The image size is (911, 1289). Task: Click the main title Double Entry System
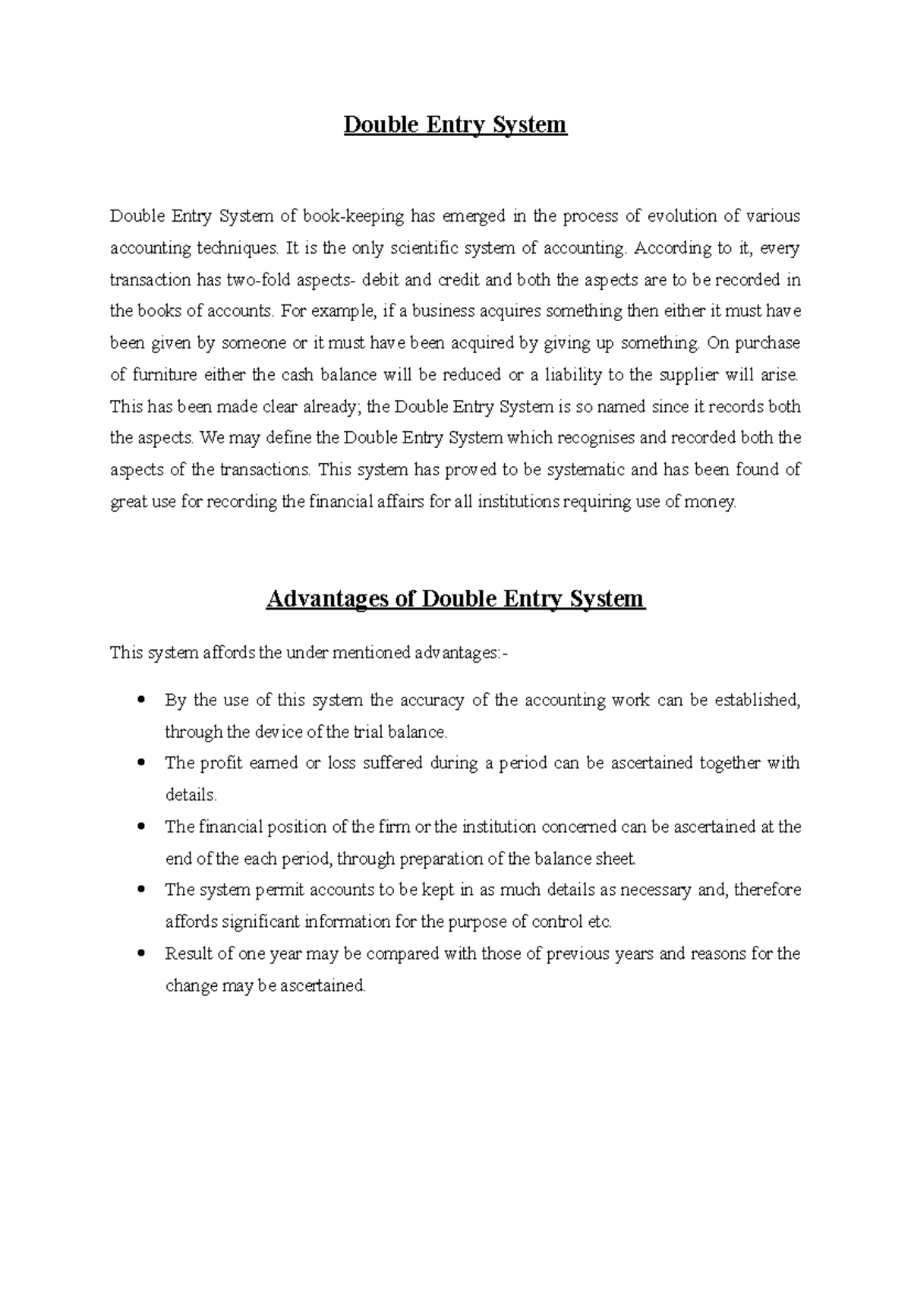tap(455, 124)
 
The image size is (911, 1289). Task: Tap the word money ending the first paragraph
tap(712, 502)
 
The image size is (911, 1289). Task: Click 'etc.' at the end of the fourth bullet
tap(600, 922)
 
